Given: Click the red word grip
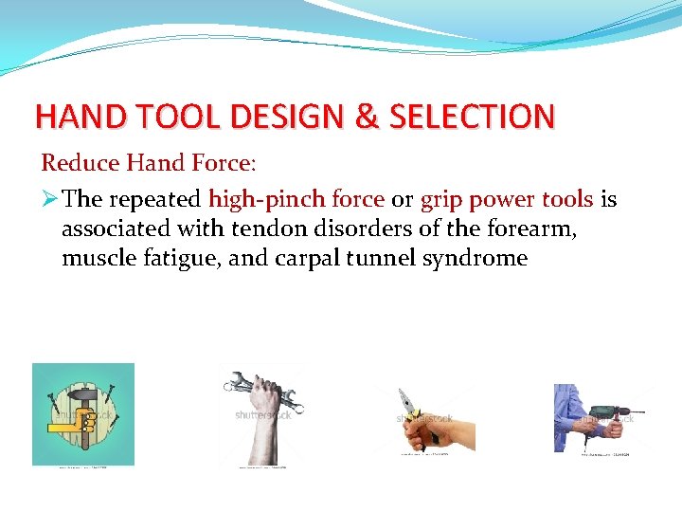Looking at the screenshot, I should (440, 200).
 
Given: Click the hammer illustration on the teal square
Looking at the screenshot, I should (83, 413).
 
